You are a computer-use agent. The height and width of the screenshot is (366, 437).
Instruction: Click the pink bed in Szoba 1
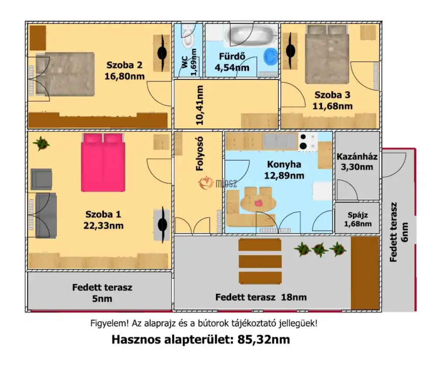click(103, 162)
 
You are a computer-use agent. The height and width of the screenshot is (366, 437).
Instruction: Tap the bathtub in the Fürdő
click(251, 35)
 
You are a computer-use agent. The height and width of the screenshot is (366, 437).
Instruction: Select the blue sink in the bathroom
click(271, 56)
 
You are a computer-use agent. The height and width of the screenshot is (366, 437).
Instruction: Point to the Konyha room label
click(284, 164)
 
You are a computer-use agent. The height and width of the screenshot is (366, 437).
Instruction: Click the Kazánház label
click(357, 157)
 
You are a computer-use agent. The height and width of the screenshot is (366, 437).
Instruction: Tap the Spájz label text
click(357, 215)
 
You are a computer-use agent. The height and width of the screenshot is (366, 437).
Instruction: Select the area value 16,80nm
click(125, 76)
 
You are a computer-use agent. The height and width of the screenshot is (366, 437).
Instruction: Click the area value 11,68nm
click(333, 106)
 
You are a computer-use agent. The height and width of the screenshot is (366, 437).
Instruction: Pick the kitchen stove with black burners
click(308, 142)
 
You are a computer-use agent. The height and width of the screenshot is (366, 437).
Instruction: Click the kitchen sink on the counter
click(280, 141)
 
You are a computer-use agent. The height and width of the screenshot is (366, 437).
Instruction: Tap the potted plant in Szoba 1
click(41, 143)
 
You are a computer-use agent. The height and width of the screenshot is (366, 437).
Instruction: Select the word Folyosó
click(200, 154)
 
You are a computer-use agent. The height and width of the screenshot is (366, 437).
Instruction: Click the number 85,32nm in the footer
click(264, 339)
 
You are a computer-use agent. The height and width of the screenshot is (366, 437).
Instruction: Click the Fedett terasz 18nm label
click(261, 297)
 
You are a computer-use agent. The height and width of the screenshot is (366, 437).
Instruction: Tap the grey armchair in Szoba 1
click(41, 179)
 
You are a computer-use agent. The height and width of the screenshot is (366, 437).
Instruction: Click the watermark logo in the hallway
click(206, 183)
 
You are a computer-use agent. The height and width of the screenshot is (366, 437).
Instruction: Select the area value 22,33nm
click(104, 226)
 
